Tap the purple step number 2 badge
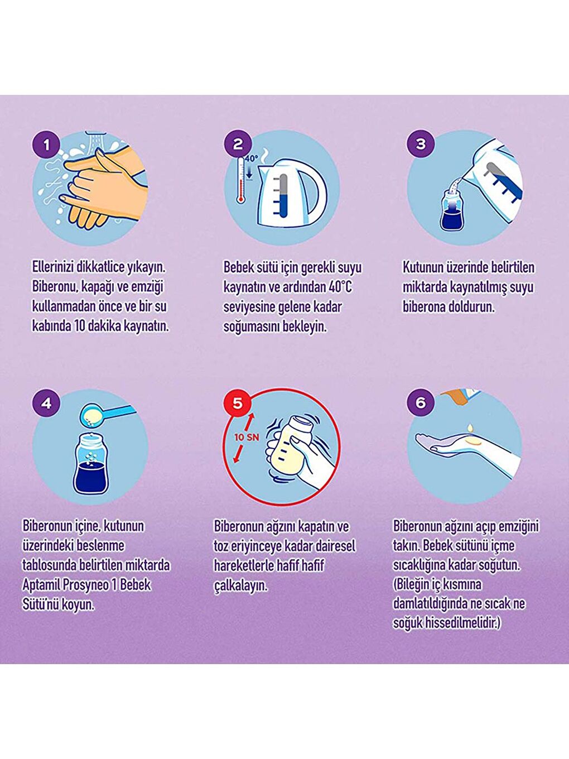click(x=238, y=145)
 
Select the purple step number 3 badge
click(x=421, y=144)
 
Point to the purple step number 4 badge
click(x=47, y=403)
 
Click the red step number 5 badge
click(x=237, y=403)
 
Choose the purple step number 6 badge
click(x=421, y=403)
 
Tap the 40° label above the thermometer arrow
click(x=251, y=159)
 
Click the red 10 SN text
click(x=247, y=437)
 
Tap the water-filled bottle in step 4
click(x=91, y=461)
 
